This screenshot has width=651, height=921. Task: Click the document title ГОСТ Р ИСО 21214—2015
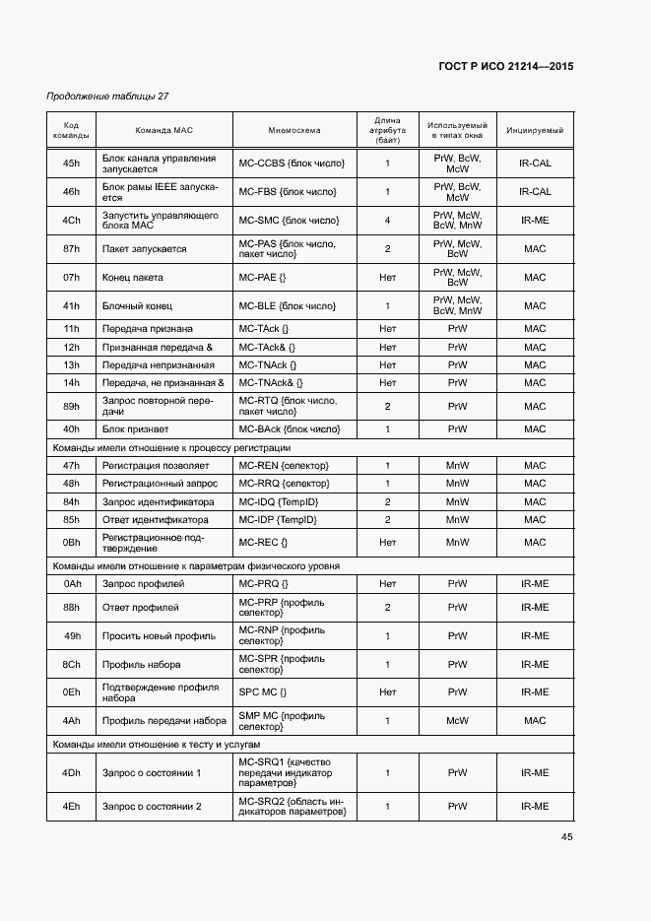tap(506, 66)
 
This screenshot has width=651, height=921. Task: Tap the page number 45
tap(566, 836)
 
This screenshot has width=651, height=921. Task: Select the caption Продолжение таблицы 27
tap(107, 97)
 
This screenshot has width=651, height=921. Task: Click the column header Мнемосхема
tap(293, 130)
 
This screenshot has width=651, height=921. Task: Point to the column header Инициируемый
tap(535, 130)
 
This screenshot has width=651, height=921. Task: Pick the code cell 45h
tap(71, 164)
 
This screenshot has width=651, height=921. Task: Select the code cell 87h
tap(71, 249)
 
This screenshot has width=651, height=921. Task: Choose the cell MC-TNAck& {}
tap(271, 382)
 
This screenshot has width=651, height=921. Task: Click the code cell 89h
tap(71, 406)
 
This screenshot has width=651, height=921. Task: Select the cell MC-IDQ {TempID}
tap(278, 501)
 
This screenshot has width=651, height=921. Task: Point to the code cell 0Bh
tap(71, 543)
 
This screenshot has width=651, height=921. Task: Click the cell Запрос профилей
tap(144, 584)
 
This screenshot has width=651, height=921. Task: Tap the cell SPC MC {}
tap(263, 692)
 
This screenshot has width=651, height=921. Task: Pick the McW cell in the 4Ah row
tap(457, 721)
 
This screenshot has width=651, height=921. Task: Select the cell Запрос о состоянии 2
tap(152, 807)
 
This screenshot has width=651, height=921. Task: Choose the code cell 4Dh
tap(71, 773)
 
